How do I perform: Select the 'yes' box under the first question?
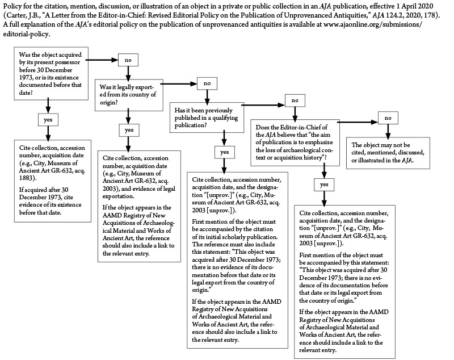(48, 120)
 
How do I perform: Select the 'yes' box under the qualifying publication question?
(224, 152)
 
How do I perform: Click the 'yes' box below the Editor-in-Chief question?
(324, 185)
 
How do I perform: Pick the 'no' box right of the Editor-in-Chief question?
(388, 118)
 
